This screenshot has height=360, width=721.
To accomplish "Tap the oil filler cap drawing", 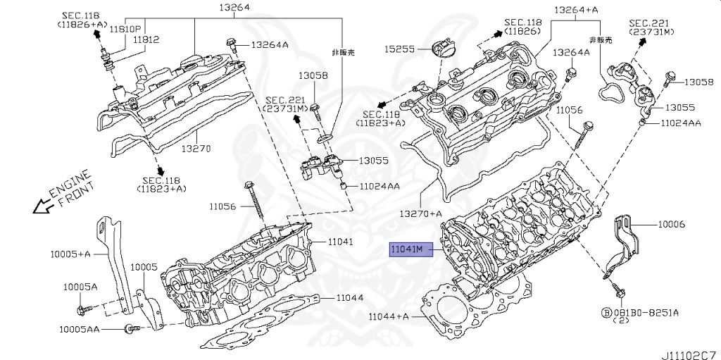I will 439,50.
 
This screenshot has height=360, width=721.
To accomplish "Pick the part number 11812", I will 146,40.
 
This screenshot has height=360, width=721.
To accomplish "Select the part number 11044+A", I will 389,316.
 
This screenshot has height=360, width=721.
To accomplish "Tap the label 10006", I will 671,224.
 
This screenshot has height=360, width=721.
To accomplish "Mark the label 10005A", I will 80,287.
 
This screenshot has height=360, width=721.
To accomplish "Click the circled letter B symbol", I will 605,311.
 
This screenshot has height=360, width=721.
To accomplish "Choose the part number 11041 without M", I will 339,242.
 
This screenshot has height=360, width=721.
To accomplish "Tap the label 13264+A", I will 575,10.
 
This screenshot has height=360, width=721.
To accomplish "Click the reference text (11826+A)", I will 82,25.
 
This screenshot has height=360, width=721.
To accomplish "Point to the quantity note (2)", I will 620,321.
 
